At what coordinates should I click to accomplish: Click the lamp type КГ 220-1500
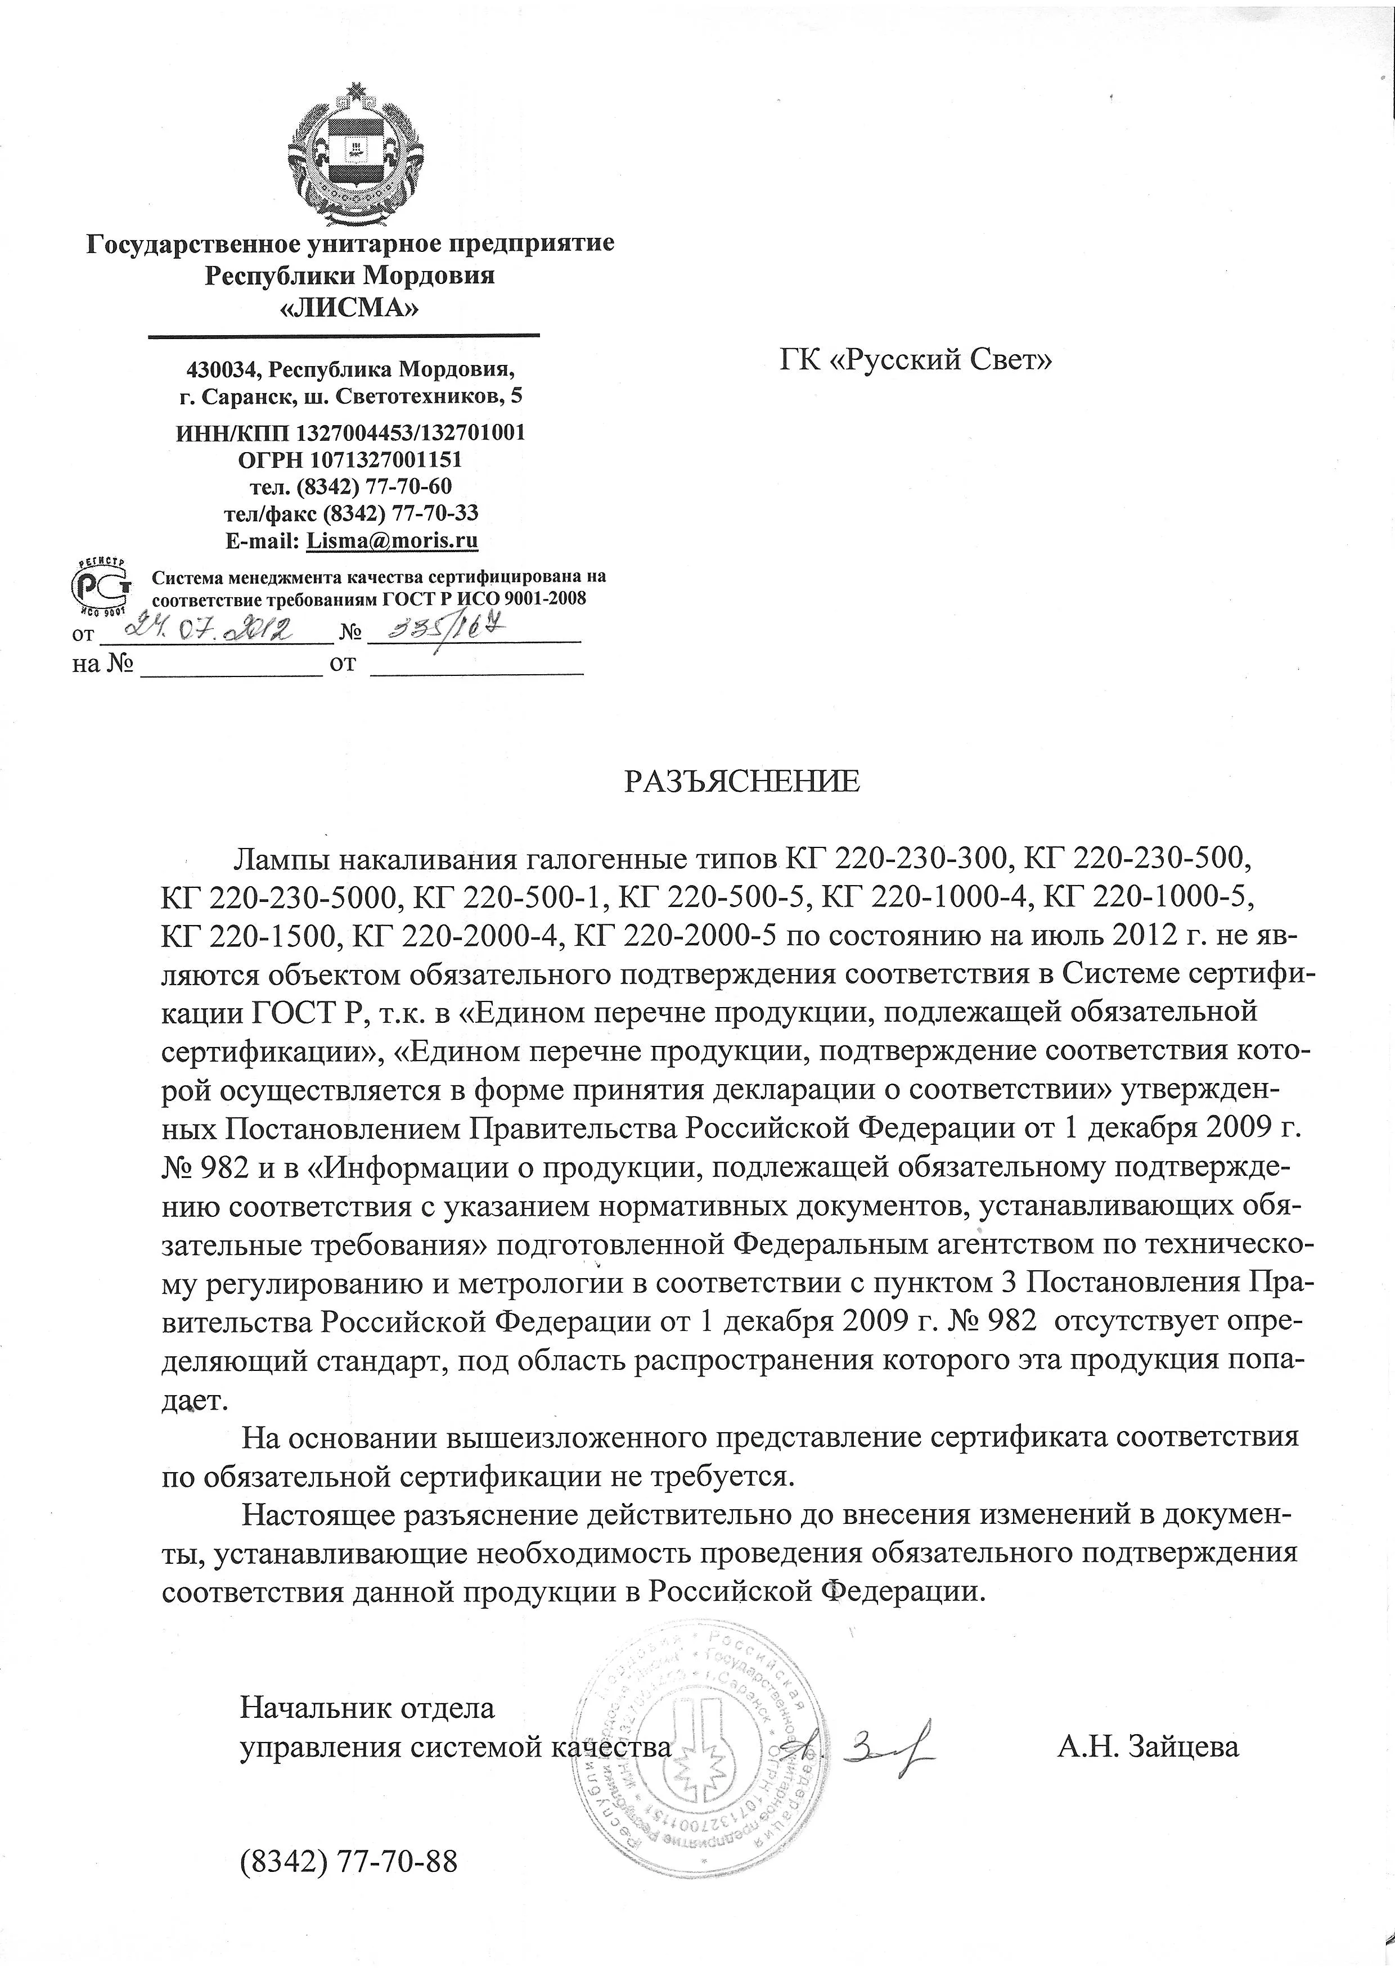tap(249, 935)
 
